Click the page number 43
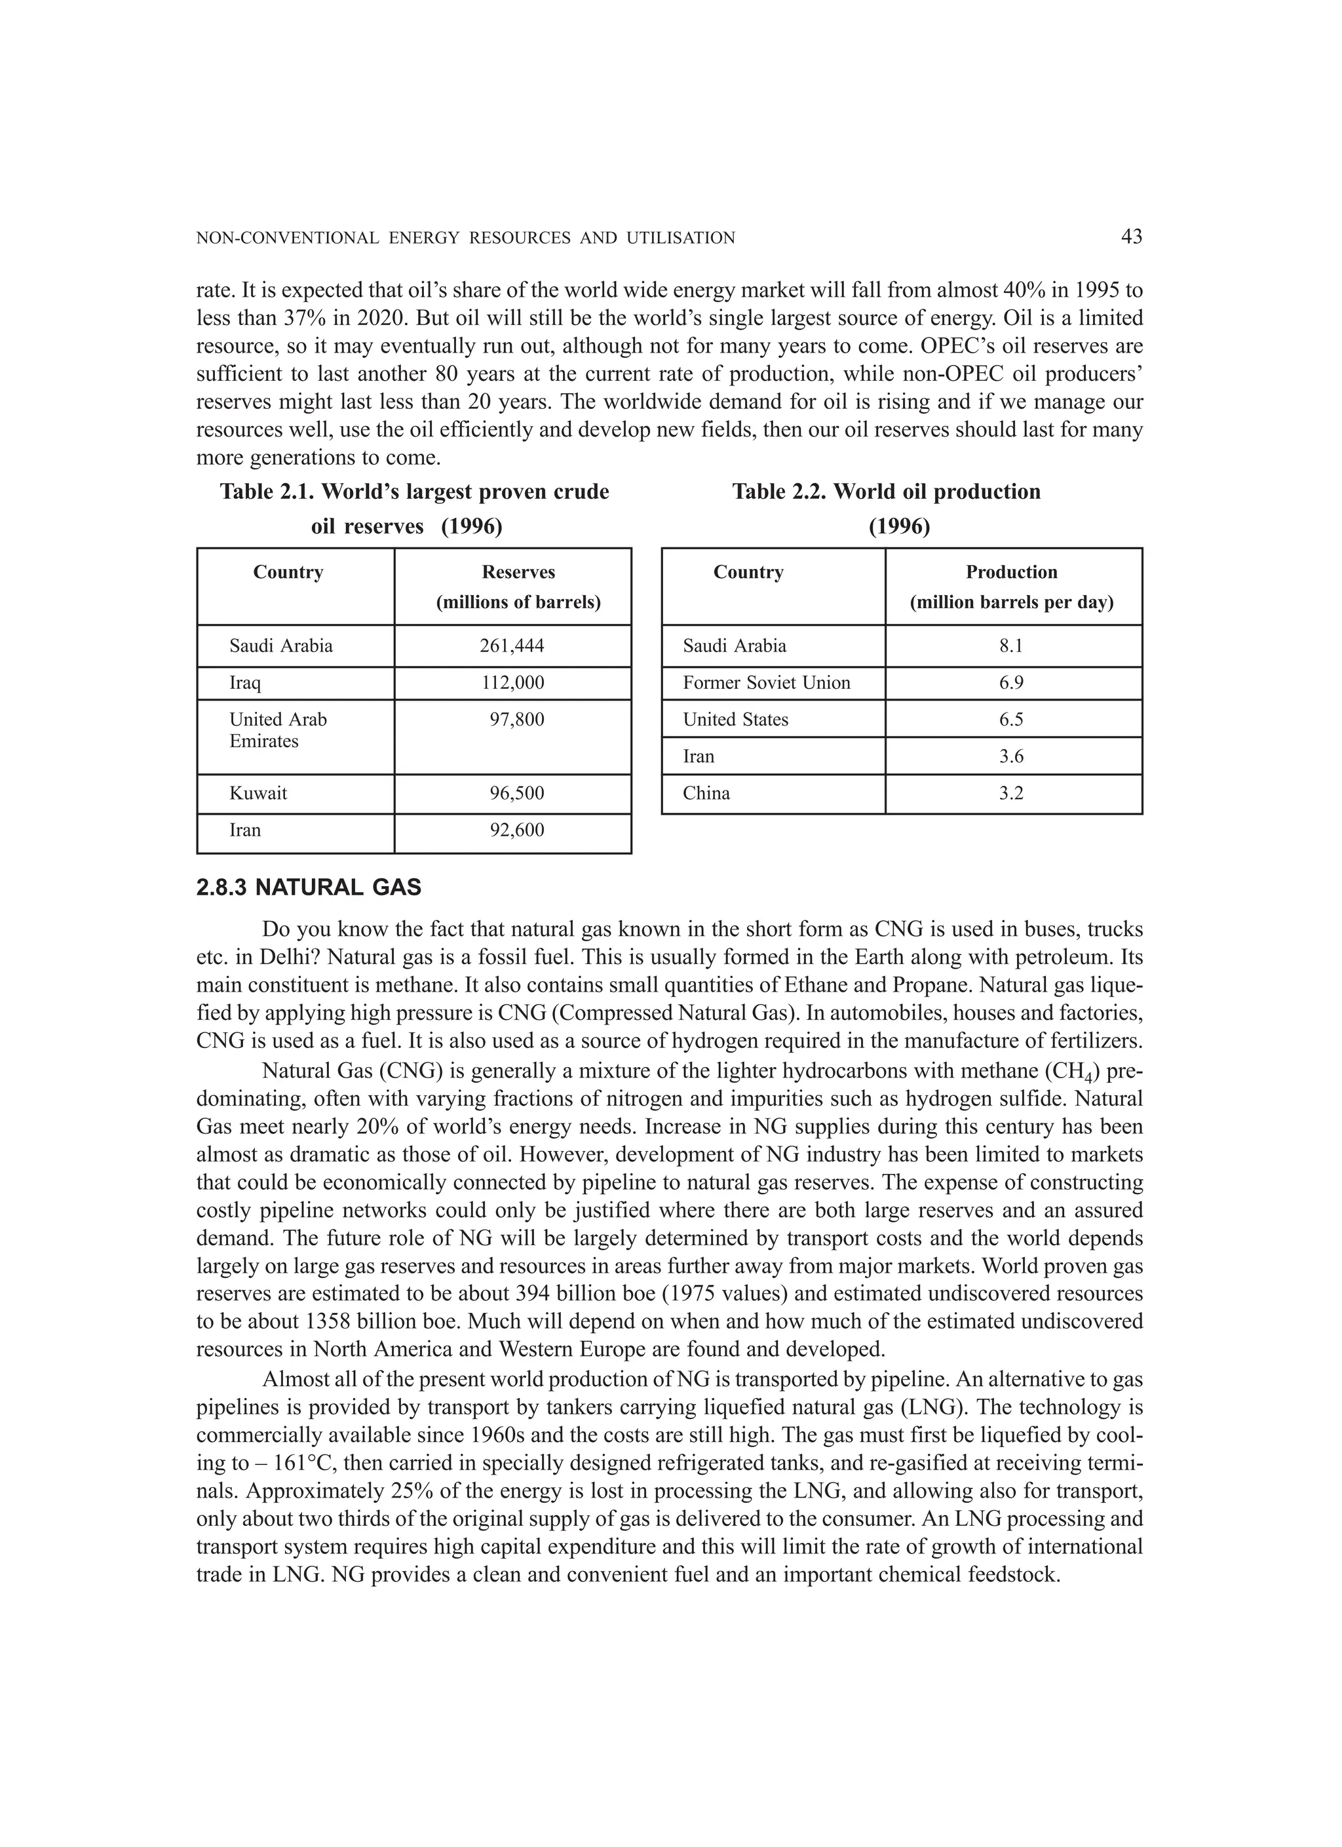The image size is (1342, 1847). coord(1131,237)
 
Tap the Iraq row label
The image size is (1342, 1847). coord(245,682)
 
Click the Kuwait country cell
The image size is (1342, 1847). coord(258,793)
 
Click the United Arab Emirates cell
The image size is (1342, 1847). coord(278,729)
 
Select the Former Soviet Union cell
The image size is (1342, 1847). coord(766,682)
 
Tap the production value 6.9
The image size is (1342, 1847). coord(1010,682)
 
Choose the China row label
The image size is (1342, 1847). coord(706,793)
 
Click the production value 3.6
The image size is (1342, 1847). coord(1010,756)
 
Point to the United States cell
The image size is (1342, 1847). coord(735,719)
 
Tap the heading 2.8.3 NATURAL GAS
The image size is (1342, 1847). coord(309,887)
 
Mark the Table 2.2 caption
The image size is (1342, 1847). coord(886,508)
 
